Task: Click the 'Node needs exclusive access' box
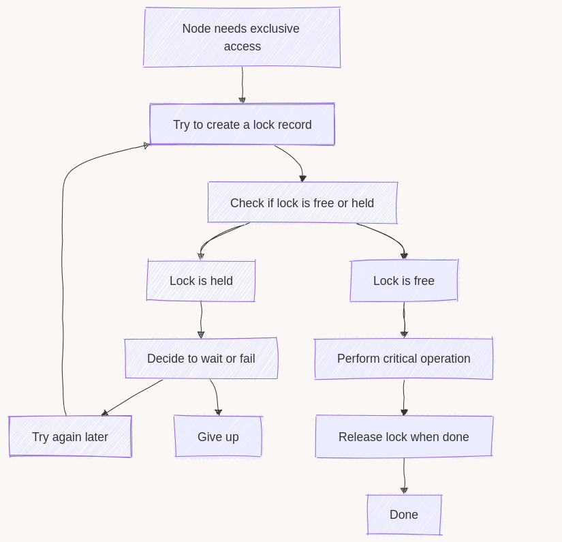(x=242, y=37)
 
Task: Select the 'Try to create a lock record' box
(x=242, y=125)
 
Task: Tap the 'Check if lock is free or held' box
(x=302, y=202)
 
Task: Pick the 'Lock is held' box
(x=201, y=281)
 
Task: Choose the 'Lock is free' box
(x=403, y=281)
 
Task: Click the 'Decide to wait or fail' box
(x=201, y=359)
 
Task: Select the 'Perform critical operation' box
(x=403, y=359)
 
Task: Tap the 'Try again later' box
(x=69, y=437)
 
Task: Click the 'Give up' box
(x=218, y=437)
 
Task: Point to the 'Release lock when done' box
(x=403, y=437)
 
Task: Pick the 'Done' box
(x=403, y=515)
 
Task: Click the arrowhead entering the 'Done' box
(x=404, y=490)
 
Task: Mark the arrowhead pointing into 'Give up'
(x=218, y=412)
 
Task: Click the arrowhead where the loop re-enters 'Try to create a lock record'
(x=146, y=145)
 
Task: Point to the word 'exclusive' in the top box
(x=272, y=29)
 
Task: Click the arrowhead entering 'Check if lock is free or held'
(x=302, y=179)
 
